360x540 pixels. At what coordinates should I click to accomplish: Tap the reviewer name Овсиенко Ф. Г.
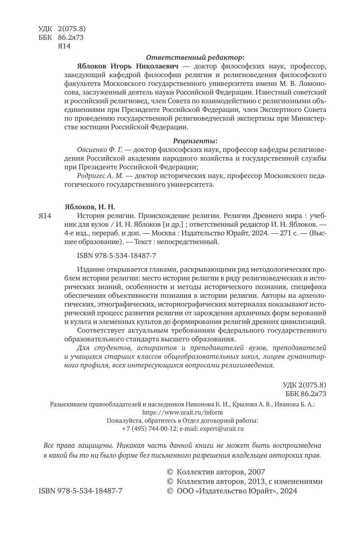click(99, 149)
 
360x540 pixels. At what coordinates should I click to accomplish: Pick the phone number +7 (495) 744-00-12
click(149, 428)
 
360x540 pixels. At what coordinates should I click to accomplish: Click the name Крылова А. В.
click(256, 404)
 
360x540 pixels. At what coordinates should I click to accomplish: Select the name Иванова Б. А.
click(295, 404)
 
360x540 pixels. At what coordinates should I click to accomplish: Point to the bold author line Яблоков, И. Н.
click(90, 207)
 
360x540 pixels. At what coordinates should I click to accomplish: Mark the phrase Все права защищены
click(74, 445)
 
